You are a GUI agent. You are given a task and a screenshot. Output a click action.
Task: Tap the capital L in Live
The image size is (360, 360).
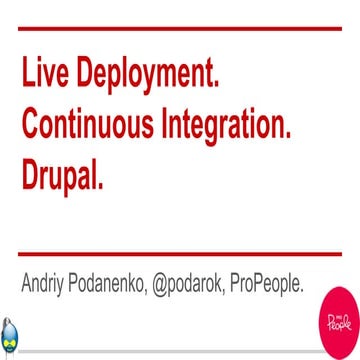tap(25, 76)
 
